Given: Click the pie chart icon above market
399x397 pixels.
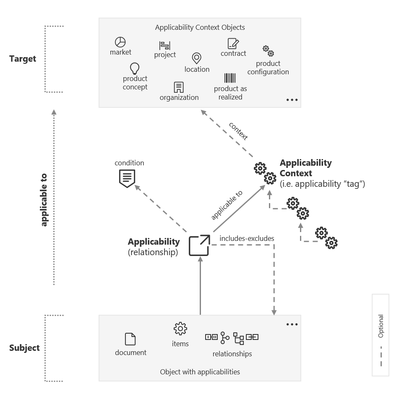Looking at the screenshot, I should click(x=120, y=42).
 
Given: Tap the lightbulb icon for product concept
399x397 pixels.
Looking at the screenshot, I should click(x=135, y=68).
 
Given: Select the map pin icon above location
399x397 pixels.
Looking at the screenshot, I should click(x=196, y=58).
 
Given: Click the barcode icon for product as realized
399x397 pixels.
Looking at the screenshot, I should click(x=230, y=78).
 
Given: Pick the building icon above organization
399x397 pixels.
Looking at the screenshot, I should click(x=179, y=87).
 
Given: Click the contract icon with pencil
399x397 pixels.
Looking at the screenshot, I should click(x=233, y=44).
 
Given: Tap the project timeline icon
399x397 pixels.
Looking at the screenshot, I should click(x=164, y=45).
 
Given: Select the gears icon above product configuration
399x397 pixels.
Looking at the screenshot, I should click(x=268, y=51).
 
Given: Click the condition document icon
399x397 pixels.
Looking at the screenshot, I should click(x=127, y=178).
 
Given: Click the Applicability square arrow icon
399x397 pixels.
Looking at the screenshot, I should click(x=199, y=246).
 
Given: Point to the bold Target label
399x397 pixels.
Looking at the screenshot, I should click(x=23, y=59).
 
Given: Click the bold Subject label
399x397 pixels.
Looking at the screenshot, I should click(x=24, y=348).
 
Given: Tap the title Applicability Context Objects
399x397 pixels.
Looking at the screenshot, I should click(x=200, y=28).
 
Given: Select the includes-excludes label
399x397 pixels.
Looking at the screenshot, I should click(x=247, y=238).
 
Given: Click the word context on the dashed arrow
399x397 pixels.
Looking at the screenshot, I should click(x=238, y=131).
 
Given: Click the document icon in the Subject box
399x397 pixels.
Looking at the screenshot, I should click(x=130, y=339).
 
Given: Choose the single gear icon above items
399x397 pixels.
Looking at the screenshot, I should click(x=180, y=329).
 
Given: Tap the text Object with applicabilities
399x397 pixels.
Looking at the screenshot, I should click(x=200, y=372).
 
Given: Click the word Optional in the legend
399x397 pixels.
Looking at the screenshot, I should click(x=381, y=326).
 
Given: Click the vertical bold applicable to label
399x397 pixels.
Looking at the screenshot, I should click(x=44, y=200).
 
